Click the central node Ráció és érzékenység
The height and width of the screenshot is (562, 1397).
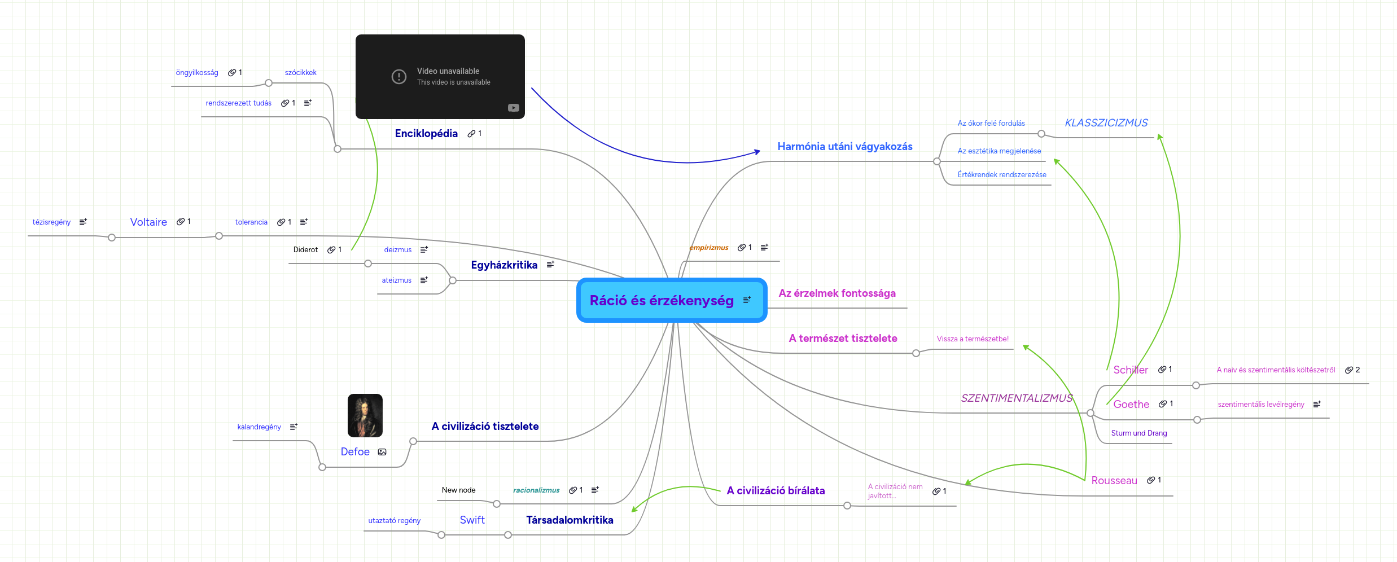pos(662,301)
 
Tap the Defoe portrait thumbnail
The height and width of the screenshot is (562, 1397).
pos(365,415)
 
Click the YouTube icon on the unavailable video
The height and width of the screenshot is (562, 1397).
pos(513,108)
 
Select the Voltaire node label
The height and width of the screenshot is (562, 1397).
pos(148,222)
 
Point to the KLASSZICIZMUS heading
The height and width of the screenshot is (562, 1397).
pos(1106,123)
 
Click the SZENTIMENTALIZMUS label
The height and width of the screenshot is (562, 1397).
pos(1016,398)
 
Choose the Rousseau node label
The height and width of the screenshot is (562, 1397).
pos(1114,481)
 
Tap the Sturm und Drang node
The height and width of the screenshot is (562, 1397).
pos(1138,433)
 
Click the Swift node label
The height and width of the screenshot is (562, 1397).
pos(472,520)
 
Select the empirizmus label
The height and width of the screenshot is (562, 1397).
pos(708,248)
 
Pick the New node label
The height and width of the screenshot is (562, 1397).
pos(458,490)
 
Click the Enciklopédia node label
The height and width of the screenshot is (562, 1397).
pos(426,134)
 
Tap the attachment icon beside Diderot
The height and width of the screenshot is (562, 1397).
pos(331,250)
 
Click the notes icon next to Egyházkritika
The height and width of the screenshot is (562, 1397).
pos(550,265)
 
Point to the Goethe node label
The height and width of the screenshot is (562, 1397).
pos(1131,405)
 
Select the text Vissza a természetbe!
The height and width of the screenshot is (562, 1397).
pos(972,339)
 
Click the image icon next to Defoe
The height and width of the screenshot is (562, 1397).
pos(382,452)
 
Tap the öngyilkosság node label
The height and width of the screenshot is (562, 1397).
pos(196,73)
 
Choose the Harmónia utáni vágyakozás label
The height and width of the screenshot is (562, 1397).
pos(844,147)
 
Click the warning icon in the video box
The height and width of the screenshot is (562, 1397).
pos(398,77)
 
